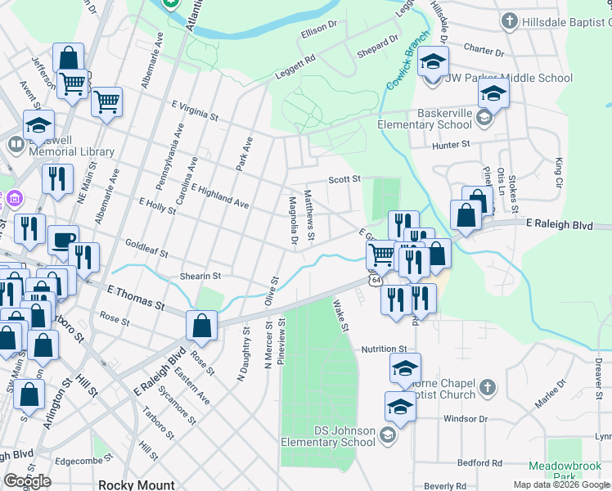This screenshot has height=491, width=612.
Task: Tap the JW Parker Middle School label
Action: pyautogui.click(x=508, y=79)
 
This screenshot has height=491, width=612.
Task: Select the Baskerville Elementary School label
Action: pyautogui.click(x=424, y=119)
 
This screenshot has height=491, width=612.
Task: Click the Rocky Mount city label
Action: pyautogui.click(x=133, y=484)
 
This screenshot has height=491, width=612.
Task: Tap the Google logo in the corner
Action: pyautogui.click(x=27, y=481)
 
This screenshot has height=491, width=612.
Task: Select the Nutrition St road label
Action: pyautogui.click(x=385, y=349)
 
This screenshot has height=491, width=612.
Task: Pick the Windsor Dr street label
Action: pyautogui.click(x=466, y=419)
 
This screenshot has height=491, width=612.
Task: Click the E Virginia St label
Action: pyautogui.click(x=195, y=111)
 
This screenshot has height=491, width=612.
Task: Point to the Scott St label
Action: pyautogui.click(x=344, y=179)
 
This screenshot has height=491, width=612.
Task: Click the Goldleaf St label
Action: pyautogui.click(x=146, y=248)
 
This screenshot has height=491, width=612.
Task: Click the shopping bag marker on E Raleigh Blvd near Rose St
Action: pyautogui.click(x=201, y=326)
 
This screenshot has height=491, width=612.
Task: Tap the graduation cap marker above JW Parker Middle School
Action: pyautogui.click(x=434, y=62)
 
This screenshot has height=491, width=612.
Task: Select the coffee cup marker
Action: pyautogui.click(x=63, y=240)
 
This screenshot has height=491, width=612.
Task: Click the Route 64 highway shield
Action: pyautogui.click(x=375, y=280)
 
